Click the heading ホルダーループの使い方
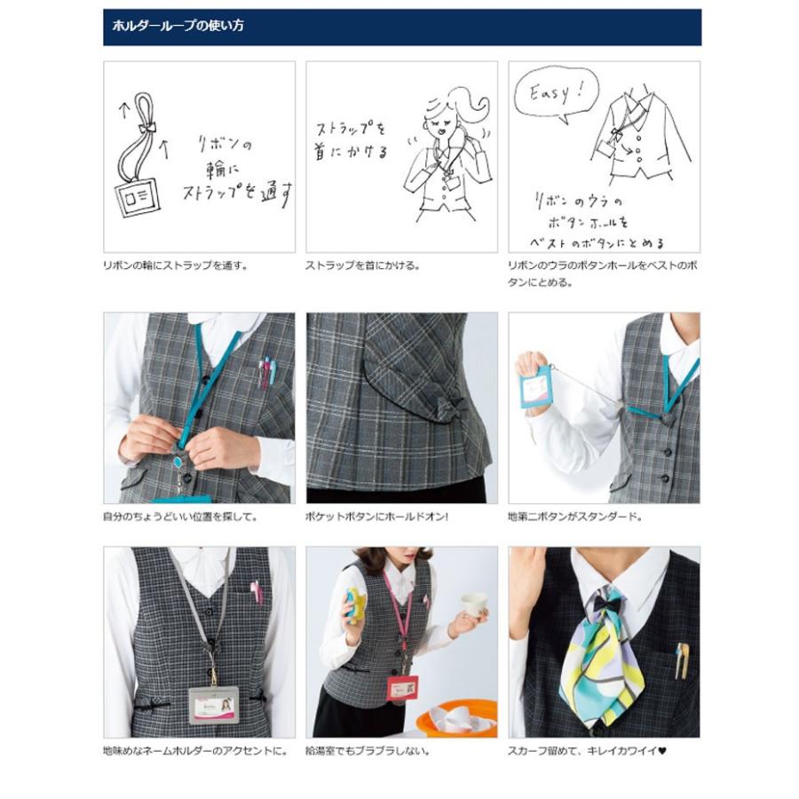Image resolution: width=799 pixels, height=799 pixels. [x=178, y=27]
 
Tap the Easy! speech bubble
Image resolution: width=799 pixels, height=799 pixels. [x=556, y=91]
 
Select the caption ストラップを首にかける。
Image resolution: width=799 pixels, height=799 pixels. [x=363, y=265]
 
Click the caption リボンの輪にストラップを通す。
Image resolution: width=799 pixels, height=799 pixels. [x=176, y=265]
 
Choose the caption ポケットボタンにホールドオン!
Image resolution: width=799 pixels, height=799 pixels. [x=377, y=516]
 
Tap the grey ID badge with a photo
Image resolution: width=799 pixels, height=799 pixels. [x=213, y=706]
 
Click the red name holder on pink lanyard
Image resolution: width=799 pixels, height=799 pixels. [x=401, y=686]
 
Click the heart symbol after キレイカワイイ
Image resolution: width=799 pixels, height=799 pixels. [x=662, y=750]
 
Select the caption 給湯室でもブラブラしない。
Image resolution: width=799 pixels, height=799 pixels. [x=368, y=750]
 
